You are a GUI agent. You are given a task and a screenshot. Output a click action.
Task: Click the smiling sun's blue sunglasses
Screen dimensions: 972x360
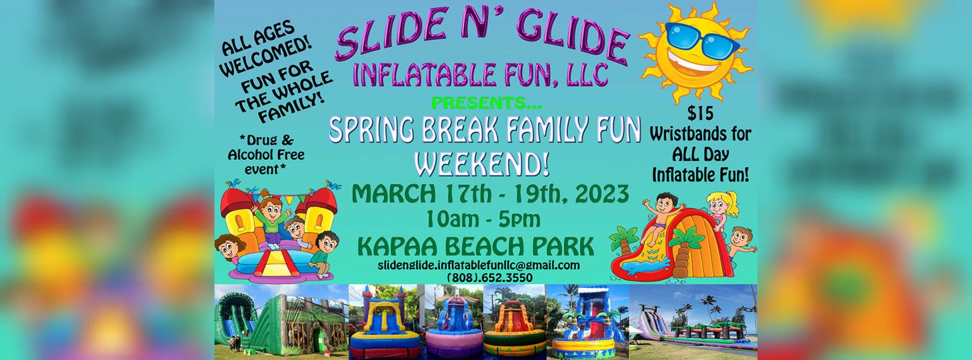pyautogui.click(x=701, y=40)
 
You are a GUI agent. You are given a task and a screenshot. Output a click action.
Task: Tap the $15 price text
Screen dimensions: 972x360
pyautogui.click(x=700, y=113)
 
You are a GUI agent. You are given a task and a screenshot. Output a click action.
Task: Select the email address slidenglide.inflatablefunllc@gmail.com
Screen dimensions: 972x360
pyautogui.click(x=479, y=265)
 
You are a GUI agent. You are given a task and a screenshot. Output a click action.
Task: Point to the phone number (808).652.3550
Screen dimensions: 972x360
pyautogui.click(x=490, y=277)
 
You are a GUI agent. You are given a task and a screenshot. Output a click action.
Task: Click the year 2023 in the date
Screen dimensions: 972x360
pyautogui.click(x=602, y=193)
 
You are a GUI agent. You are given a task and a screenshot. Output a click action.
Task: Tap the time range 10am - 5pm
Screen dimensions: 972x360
pyautogui.click(x=483, y=219)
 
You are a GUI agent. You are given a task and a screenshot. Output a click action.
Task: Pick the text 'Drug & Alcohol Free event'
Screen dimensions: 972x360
pyautogui.click(x=267, y=155)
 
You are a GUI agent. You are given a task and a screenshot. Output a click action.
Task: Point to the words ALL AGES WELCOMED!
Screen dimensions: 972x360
pyautogui.click(x=265, y=48)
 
